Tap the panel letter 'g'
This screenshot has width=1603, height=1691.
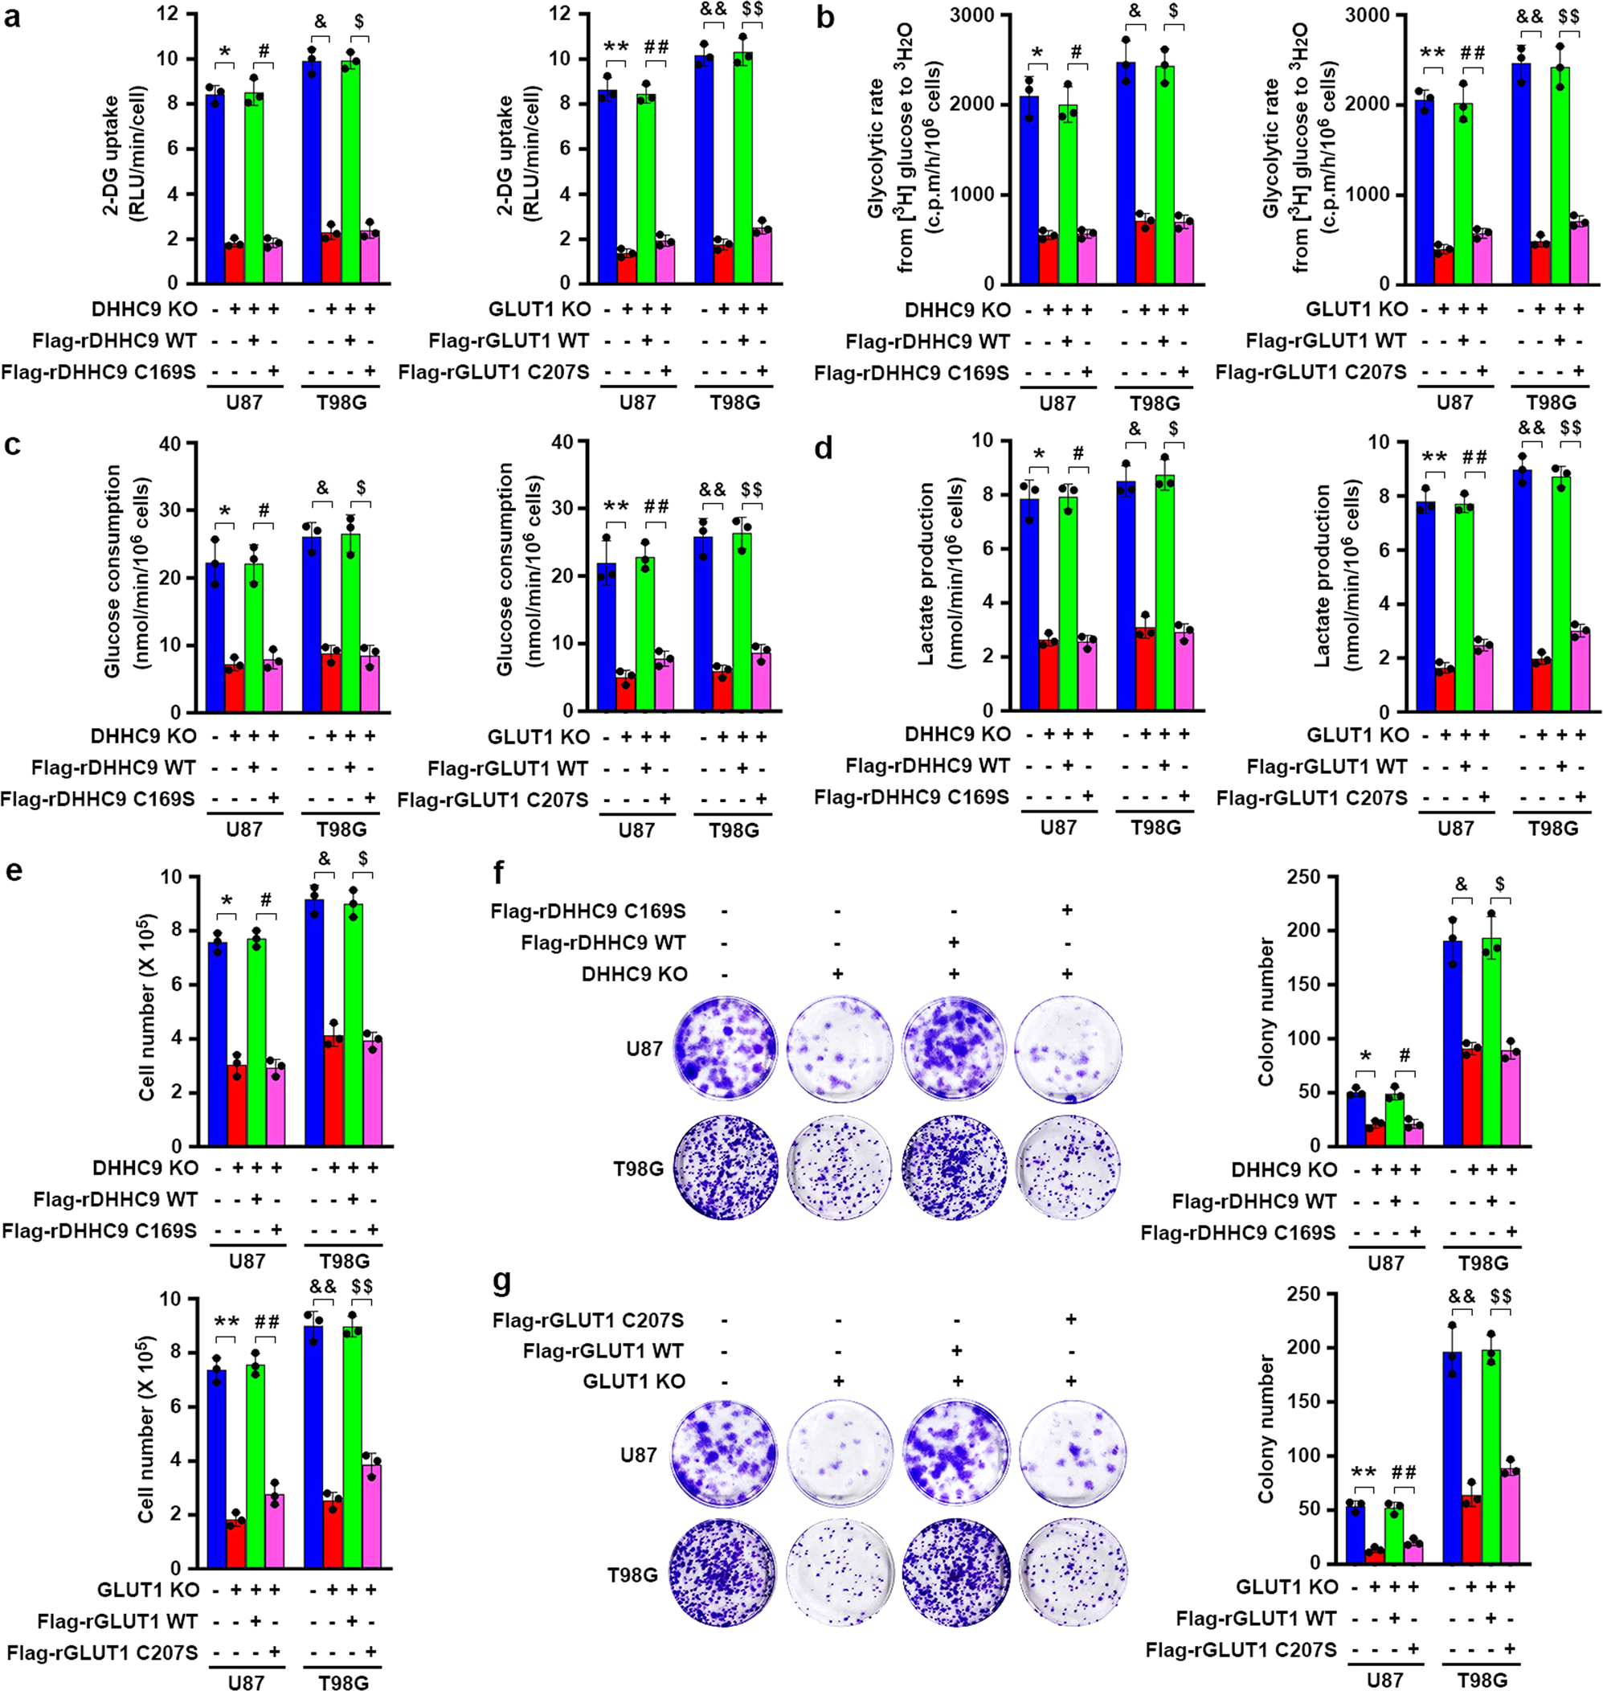tap(502, 1282)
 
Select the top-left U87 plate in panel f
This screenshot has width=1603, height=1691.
tap(726, 1049)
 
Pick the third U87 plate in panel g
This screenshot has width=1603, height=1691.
tap(955, 1455)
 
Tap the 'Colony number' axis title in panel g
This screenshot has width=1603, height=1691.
tap(1266, 1430)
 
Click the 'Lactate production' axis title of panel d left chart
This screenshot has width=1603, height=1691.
tap(926, 574)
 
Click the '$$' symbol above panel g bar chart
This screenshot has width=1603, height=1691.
tap(1500, 1296)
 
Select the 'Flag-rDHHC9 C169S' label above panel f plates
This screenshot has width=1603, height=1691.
tap(588, 911)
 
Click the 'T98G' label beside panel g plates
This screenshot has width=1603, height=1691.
tap(632, 1574)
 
